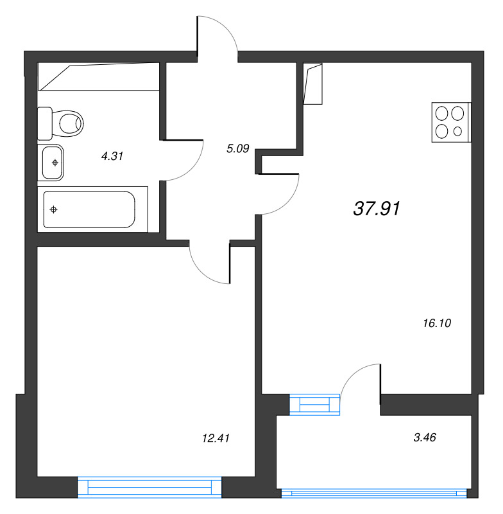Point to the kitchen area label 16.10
pos(438,324)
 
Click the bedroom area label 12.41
pos(216,438)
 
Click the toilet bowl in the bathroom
pos(68,121)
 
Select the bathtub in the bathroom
pos(90,209)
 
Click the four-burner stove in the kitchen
pos(450,122)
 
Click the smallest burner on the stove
pos(457,131)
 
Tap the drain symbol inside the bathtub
pos(54,209)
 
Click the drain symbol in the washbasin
pos(55,162)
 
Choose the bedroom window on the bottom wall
pos(150,487)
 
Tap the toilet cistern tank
pos(44,123)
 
